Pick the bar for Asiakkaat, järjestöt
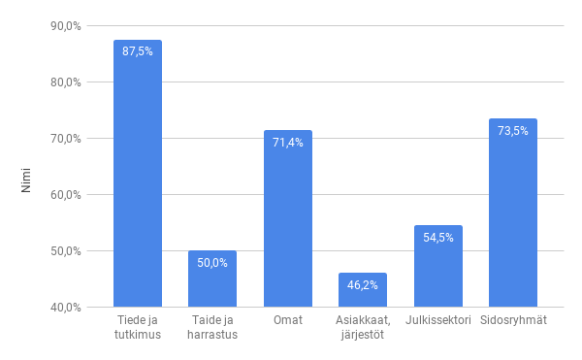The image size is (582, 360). pyautogui.click(x=363, y=295)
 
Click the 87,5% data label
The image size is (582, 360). pyautogui.click(x=138, y=51)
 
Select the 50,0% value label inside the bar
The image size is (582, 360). pyautogui.click(x=212, y=263)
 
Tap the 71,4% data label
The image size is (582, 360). pyautogui.click(x=287, y=143)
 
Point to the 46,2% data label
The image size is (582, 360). pyautogui.click(x=363, y=285)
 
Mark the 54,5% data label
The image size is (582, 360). pyautogui.click(x=437, y=238)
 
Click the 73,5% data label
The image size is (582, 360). pyautogui.click(x=513, y=131)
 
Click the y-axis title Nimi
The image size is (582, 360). pyautogui.click(x=26, y=180)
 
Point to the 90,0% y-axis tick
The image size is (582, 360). pyautogui.click(x=66, y=26)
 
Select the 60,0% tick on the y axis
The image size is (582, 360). pyautogui.click(x=66, y=195)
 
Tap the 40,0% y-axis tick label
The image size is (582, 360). pyautogui.click(x=66, y=308)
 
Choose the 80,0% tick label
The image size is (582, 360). pyautogui.click(x=66, y=82)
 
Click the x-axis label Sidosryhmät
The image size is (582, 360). pyautogui.click(x=513, y=320)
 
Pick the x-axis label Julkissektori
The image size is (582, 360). pyautogui.click(x=437, y=320)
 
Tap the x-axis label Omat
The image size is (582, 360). pyautogui.click(x=287, y=320)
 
